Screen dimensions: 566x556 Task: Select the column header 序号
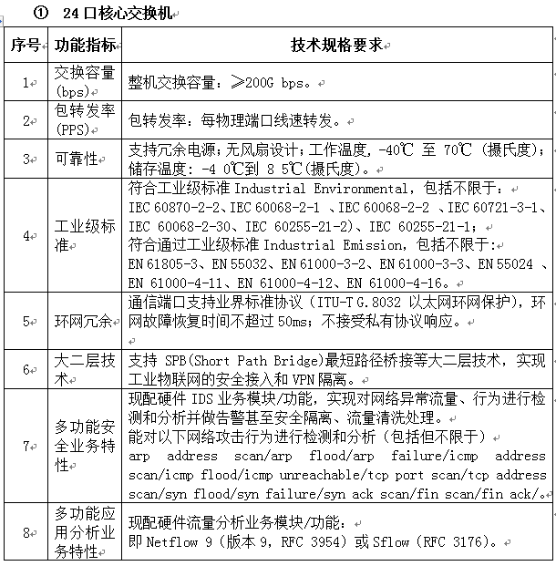(25, 45)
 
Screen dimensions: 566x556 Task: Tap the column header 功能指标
(85, 45)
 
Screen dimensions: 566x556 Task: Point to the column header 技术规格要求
(335, 45)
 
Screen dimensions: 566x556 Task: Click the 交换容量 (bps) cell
(85, 82)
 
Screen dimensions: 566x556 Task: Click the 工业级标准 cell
(85, 234)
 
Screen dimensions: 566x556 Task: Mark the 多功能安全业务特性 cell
(85, 446)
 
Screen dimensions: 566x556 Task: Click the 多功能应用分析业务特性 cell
(85, 531)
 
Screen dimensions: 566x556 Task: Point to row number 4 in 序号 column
(25, 234)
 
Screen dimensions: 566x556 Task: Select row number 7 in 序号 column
(25, 446)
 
